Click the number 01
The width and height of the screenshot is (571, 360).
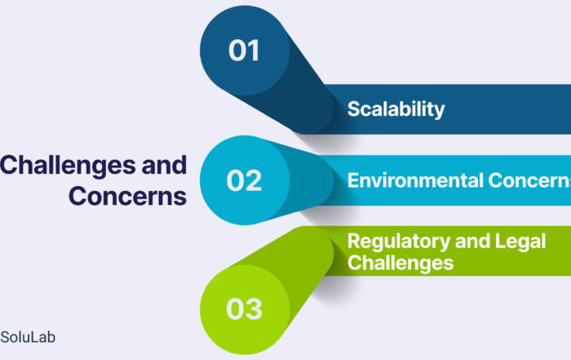point(244,51)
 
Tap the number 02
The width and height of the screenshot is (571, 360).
point(244,180)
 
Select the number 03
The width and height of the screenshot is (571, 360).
point(244,309)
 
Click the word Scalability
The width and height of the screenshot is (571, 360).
point(396,109)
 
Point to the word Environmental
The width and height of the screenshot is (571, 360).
point(415,180)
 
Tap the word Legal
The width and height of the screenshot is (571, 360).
point(520,242)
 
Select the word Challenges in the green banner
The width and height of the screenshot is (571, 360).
point(401,263)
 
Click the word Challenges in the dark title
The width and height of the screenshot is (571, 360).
point(68,166)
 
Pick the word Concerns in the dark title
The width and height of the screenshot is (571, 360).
point(127,196)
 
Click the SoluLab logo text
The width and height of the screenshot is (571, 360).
point(28,337)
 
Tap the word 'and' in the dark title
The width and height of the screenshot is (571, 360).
point(164,165)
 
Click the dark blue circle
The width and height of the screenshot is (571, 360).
point(245,51)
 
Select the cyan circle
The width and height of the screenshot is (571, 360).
point(245,180)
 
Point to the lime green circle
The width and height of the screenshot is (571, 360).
point(245,309)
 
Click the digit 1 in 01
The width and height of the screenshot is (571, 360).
point(255,51)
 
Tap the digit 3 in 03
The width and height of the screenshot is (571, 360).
point(254,309)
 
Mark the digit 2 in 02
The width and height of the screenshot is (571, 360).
point(254,180)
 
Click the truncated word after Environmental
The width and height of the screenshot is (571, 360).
point(529,180)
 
